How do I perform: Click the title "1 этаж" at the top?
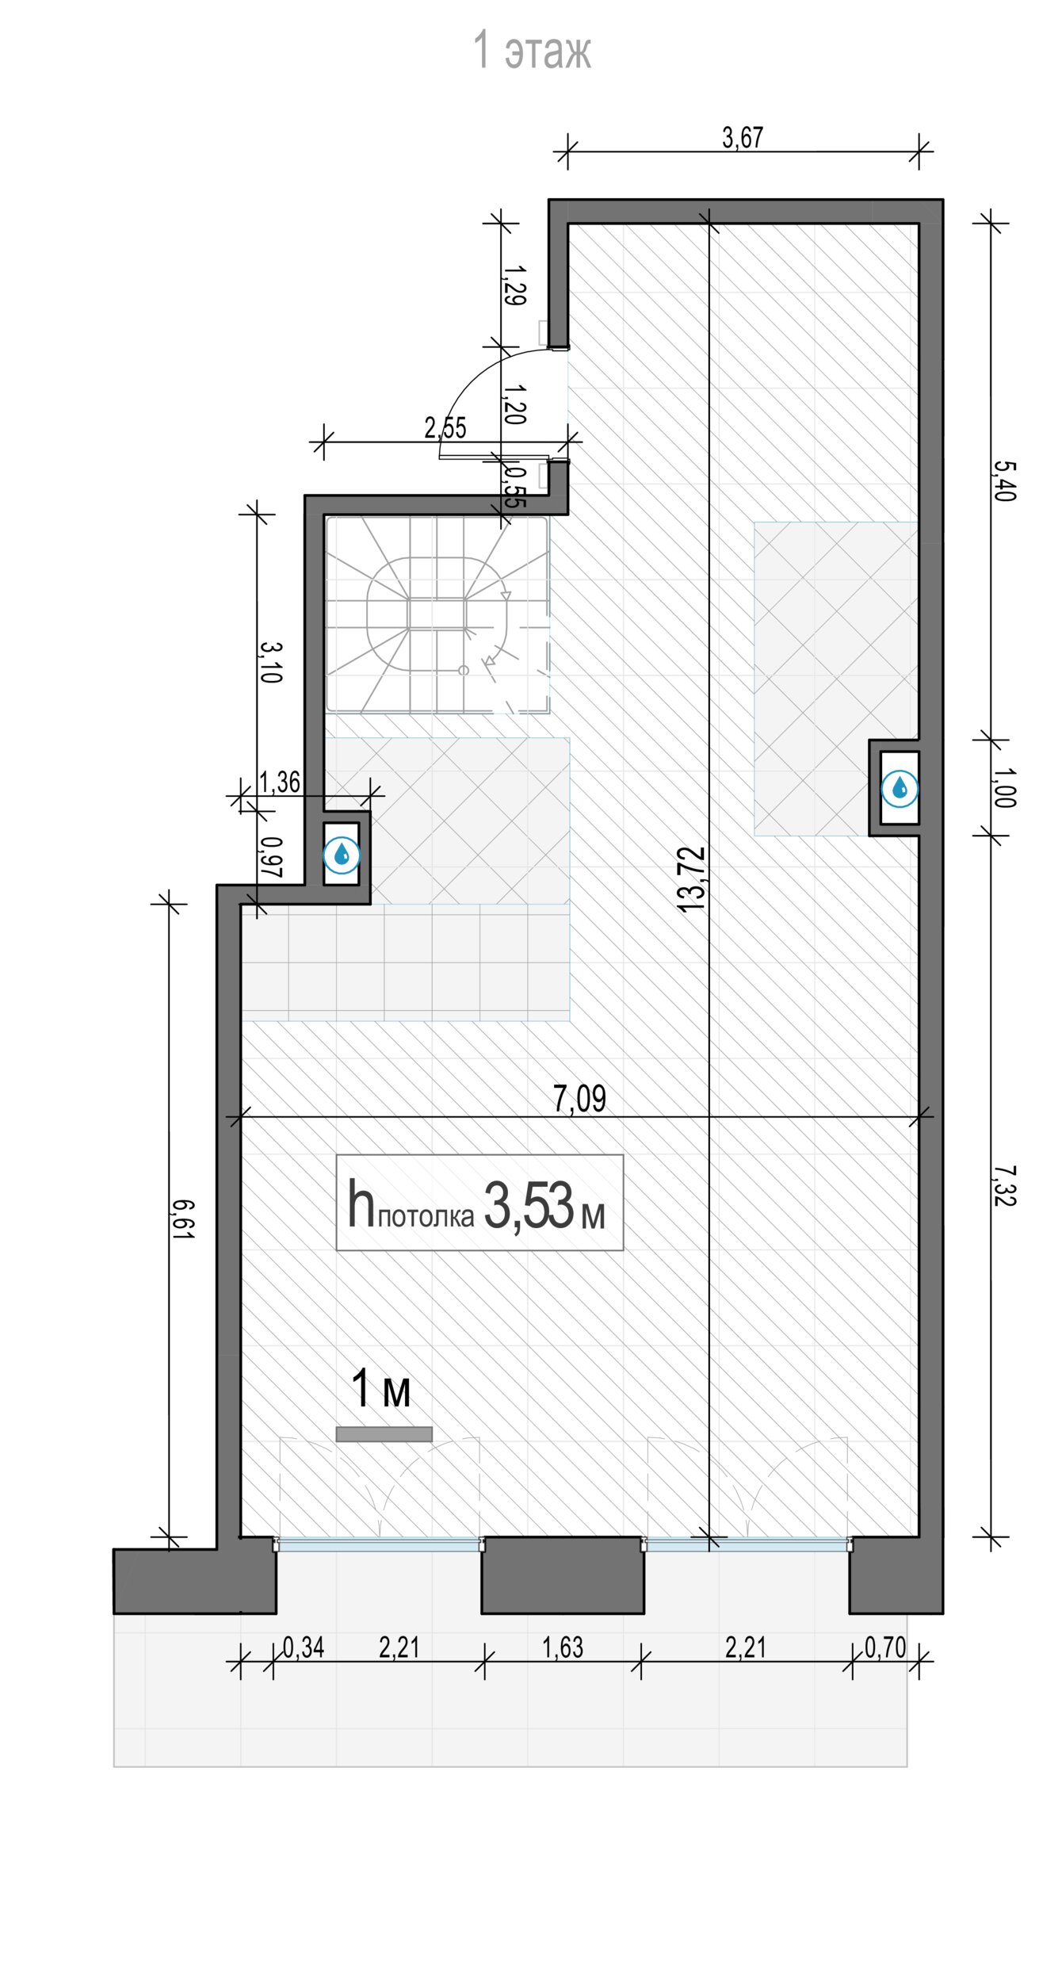click(x=532, y=51)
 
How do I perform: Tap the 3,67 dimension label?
click(x=743, y=138)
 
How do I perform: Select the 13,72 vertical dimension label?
click(x=692, y=879)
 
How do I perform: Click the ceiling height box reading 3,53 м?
click(x=479, y=1203)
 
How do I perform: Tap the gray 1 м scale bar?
click(x=384, y=1434)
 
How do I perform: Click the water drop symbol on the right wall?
click(x=900, y=789)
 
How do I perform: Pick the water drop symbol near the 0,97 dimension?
click(x=342, y=855)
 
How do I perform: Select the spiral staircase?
click(x=437, y=614)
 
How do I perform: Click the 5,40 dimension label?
click(x=1003, y=481)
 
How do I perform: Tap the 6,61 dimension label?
click(x=181, y=1219)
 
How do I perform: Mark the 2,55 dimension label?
click(x=445, y=428)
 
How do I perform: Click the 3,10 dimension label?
click(x=270, y=662)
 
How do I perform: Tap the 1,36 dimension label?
click(x=280, y=782)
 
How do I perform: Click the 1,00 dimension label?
click(x=1003, y=787)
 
